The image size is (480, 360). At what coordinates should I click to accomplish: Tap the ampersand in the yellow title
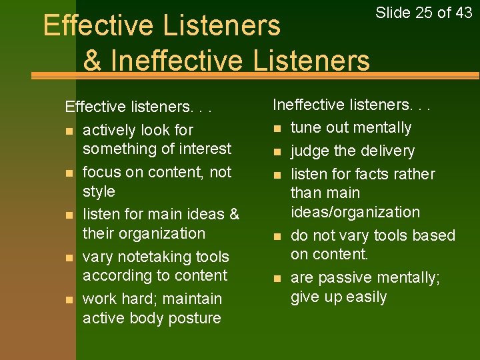coord(93,59)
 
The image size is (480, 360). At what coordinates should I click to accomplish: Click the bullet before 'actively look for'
coord(68,131)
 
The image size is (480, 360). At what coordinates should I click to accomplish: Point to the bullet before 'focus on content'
coord(68,173)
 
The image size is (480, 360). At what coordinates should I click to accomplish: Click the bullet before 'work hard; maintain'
coord(68,299)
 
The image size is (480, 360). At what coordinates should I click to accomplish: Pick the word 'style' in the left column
coord(99,191)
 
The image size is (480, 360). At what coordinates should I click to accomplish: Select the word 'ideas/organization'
coord(355,212)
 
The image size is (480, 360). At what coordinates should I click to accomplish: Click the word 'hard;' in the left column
coord(137,299)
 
